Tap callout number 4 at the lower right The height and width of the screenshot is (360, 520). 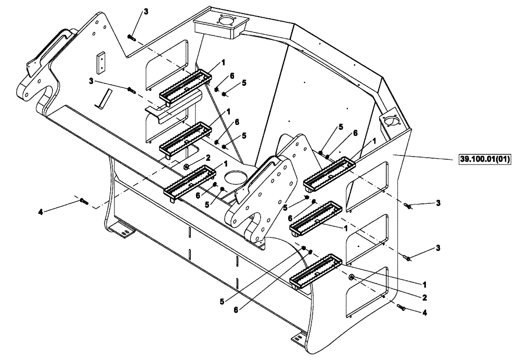[x=425, y=313]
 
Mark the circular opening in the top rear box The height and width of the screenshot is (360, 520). [x=227, y=22]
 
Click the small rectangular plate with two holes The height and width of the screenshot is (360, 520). [x=100, y=62]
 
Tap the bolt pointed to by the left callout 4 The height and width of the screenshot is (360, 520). [x=85, y=201]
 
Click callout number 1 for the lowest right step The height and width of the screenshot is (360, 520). [x=425, y=285]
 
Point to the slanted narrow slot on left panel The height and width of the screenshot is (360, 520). [x=106, y=98]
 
